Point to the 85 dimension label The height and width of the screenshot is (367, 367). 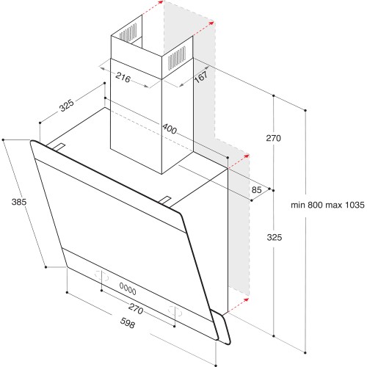point(256,191)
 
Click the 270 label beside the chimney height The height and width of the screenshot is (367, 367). point(274,139)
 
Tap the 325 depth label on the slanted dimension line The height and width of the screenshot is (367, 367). point(66,106)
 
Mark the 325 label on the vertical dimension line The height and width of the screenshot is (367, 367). point(274,237)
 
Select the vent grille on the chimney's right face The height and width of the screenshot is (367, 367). point(178,59)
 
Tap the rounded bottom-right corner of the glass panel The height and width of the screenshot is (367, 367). point(223,340)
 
